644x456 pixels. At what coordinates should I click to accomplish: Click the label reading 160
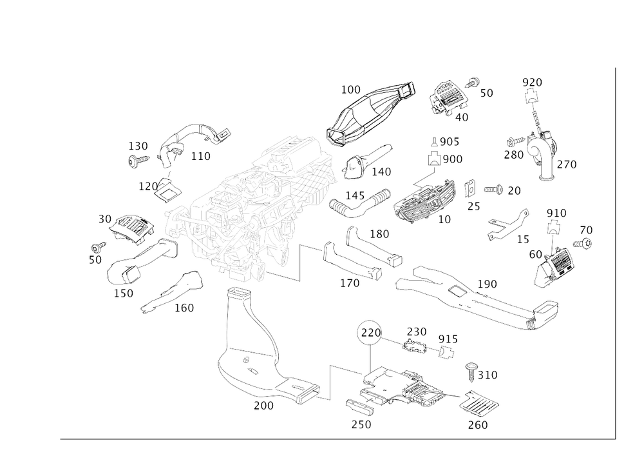click(x=185, y=309)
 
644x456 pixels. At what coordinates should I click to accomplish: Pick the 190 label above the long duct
click(x=487, y=284)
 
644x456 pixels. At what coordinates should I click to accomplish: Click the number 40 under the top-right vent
click(x=462, y=117)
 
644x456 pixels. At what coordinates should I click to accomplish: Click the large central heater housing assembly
click(x=251, y=206)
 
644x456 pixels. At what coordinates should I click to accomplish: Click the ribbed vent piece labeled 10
click(x=425, y=200)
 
